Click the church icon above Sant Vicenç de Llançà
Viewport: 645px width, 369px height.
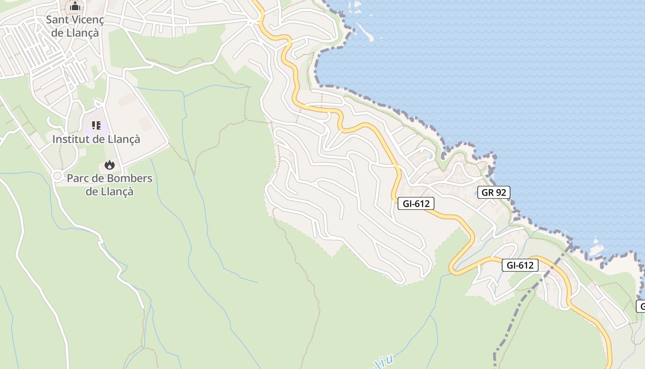pos(75,6)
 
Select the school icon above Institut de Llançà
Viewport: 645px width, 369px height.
pos(96,125)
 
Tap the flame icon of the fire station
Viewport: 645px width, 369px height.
pos(109,165)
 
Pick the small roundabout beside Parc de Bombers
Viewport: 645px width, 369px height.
pos(57,176)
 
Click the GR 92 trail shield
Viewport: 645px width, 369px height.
pos(494,192)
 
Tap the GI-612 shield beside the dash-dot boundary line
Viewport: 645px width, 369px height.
pos(520,265)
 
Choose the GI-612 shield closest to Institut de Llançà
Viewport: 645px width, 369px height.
pos(416,203)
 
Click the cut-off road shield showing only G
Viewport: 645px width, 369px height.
pos(641,306)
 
